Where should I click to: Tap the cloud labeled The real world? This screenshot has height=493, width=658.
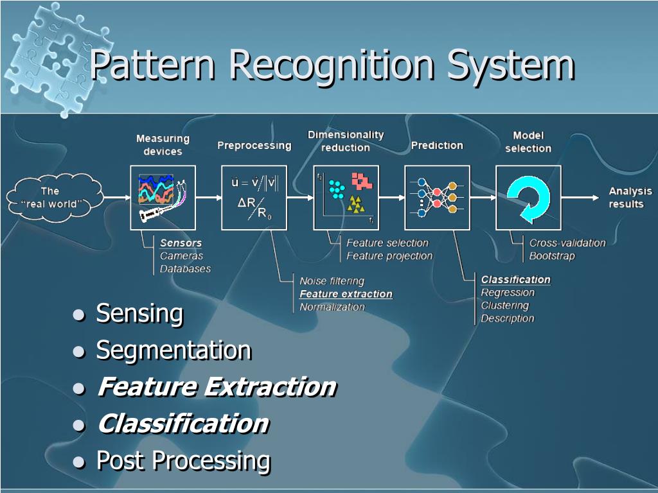(54, 197)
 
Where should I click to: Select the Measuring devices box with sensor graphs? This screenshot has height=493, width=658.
(163, 197)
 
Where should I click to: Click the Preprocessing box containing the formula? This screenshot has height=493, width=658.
(254, 197)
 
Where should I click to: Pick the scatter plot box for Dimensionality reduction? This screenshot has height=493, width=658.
(346, 197)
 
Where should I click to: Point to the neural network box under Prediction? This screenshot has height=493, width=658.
(437, 197)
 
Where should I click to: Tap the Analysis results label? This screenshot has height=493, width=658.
(630, 197)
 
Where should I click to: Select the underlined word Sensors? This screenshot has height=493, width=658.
(181, 243)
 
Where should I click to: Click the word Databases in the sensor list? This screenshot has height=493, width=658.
(185, 269)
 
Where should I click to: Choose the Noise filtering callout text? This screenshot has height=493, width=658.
(332, 281)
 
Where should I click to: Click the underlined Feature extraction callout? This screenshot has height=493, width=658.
(346, 294)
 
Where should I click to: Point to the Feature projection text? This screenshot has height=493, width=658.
(389, 256)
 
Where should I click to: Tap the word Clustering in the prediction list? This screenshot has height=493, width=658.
(504, 306)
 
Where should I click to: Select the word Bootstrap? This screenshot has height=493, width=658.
(552, 256)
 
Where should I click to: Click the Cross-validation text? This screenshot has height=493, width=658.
(567, 243)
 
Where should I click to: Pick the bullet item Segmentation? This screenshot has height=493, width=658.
(173, 350)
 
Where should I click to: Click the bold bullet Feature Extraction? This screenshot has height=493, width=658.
(216, 387)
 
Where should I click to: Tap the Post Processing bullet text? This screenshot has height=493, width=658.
(182, 460)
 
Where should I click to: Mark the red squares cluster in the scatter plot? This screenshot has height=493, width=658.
(362, 181)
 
